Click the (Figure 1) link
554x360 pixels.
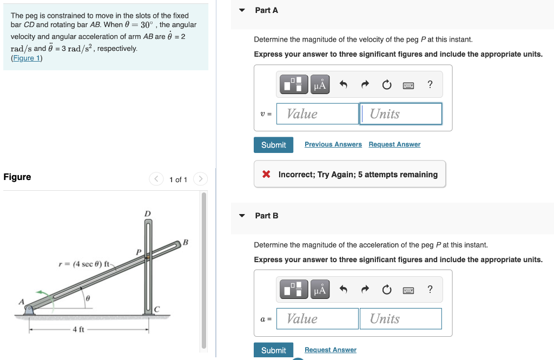point(27,58)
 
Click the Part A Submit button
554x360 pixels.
point(273,145)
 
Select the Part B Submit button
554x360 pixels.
point(273,350)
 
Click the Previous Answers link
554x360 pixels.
point(333,144)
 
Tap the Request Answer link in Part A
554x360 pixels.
point(394,144)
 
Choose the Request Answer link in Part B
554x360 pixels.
point(330,350)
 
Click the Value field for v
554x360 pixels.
point(317,114)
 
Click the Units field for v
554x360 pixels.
point(400,114)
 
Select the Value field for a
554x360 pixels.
point(317,319)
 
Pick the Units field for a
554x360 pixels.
point(400,319)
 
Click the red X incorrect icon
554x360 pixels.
point(266,175)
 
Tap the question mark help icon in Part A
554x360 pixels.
point(430,84)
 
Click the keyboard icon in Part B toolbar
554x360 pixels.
point(408,290)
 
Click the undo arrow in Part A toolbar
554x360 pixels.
point(343,84)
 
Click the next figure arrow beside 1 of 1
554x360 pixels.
point(200,179)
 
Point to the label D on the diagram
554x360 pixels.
point(147,214)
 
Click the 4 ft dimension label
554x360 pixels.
point(78,329)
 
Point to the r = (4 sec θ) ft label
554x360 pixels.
point(84,264)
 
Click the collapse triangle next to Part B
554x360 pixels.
point(242,216)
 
